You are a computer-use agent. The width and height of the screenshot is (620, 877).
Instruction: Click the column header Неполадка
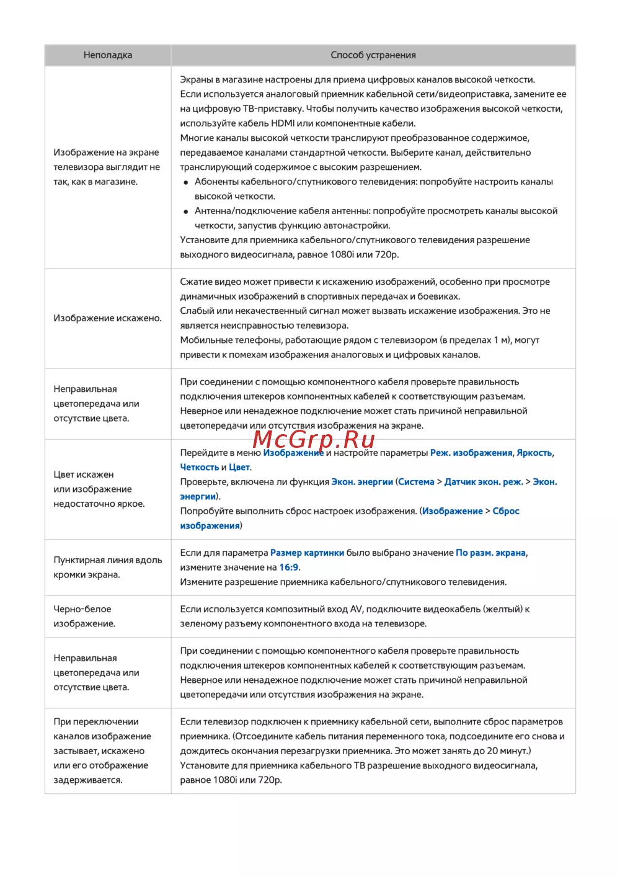(108, 55)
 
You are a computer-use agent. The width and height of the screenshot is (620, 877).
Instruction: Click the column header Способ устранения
(373, 55)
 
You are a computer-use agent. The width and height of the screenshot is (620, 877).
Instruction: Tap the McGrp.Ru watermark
(314, 439)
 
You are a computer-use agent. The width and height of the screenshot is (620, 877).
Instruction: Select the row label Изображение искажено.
(107, 318)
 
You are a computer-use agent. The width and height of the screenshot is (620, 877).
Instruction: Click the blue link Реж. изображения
(471, 453)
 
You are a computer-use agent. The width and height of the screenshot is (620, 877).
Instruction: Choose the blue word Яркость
(534, 453)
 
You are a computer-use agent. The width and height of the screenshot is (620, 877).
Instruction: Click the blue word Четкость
(199, 467)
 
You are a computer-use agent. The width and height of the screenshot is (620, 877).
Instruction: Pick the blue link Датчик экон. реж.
(484, 482)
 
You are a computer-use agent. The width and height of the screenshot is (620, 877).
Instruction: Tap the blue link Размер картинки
(307, 553)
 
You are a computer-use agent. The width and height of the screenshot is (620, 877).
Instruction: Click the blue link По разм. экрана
(490, 553)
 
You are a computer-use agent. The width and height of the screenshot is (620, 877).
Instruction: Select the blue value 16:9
(289, 567)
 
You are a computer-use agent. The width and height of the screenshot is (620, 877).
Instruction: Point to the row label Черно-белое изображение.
(84, 617)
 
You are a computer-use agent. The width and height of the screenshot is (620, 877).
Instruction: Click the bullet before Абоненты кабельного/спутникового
(186, 182)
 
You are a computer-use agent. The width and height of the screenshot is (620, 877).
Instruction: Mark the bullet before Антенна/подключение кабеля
(186, 211)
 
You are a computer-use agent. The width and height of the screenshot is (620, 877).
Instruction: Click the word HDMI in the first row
(283, 123)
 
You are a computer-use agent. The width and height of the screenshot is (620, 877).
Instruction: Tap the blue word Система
(416, 482)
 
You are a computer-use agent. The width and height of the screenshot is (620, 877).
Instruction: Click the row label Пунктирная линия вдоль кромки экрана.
(107, 567)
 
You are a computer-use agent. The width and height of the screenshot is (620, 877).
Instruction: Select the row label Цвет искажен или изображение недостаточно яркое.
(99, 489)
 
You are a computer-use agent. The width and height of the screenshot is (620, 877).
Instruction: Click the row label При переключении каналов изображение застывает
(102, 750)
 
